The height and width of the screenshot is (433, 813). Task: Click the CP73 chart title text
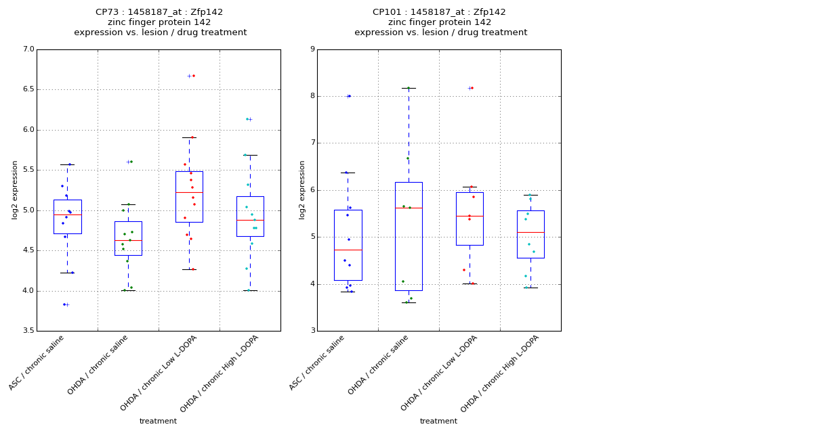coord(160,22)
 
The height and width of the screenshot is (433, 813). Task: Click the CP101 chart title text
coord(440,22)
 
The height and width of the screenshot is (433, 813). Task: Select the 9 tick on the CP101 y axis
coord(312,49)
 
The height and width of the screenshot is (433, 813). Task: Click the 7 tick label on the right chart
coord(312,143)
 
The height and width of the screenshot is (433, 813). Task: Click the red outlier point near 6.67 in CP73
coord(194,76)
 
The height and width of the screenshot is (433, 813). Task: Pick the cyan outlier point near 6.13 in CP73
coord(247,119)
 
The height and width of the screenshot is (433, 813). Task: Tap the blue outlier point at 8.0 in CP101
coord(350,96)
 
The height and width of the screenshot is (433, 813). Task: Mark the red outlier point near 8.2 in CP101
coord(472,88)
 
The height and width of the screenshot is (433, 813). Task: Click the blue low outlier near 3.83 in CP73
coord(64,304)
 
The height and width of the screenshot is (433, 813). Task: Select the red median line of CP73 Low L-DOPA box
coord(189,193)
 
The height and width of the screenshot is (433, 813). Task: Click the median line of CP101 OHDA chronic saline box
coord(409,208)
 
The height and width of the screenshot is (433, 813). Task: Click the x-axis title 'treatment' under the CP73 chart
coord(158,421)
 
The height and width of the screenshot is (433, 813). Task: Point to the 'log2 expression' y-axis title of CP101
coord(301,189)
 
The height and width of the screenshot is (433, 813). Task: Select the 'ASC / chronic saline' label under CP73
coord(37,363)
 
